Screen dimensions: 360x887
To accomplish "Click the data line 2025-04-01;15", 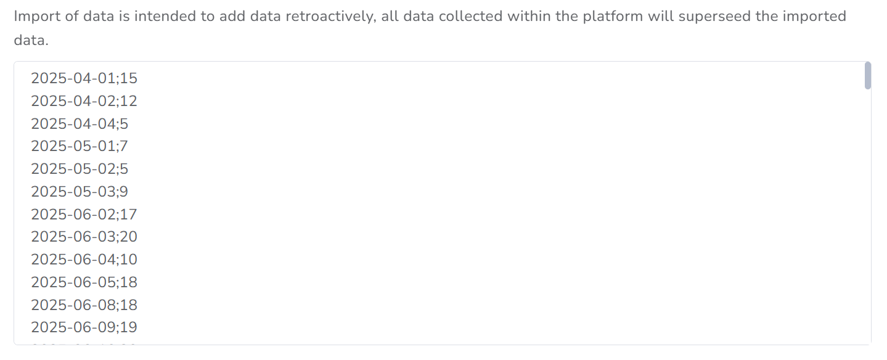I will tap(84, 78).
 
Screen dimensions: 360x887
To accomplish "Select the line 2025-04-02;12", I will tap(84, 101).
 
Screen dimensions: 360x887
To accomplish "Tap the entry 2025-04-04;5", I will tap(80, 124).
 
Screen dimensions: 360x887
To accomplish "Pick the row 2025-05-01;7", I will tap(80, 147).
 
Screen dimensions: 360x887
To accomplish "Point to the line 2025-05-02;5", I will tap(80, 169).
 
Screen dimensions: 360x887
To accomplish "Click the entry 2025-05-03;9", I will tap(80, 192).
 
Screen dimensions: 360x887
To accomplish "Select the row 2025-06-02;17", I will tap(84, 215).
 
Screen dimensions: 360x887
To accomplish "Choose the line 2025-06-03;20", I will tap(84, 237).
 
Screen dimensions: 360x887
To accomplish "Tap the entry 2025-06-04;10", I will tap(84, 260).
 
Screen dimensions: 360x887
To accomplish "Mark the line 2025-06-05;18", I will tap(84, 282).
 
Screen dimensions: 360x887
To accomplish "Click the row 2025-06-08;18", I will tap(84, 305).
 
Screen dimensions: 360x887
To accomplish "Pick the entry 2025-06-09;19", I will tap(84, 327).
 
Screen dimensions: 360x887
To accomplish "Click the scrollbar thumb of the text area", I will tap(868, 76).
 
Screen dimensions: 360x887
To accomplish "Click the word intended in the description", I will tap(165, 16).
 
